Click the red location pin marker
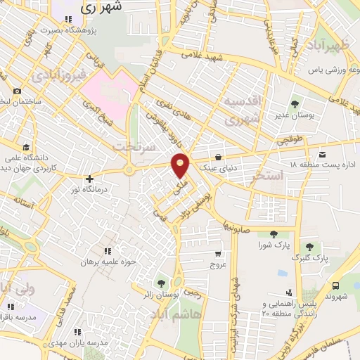click(181, 166)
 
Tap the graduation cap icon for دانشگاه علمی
click(26, 147)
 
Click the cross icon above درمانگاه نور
click(89, 179)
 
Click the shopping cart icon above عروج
click(219, 254)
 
